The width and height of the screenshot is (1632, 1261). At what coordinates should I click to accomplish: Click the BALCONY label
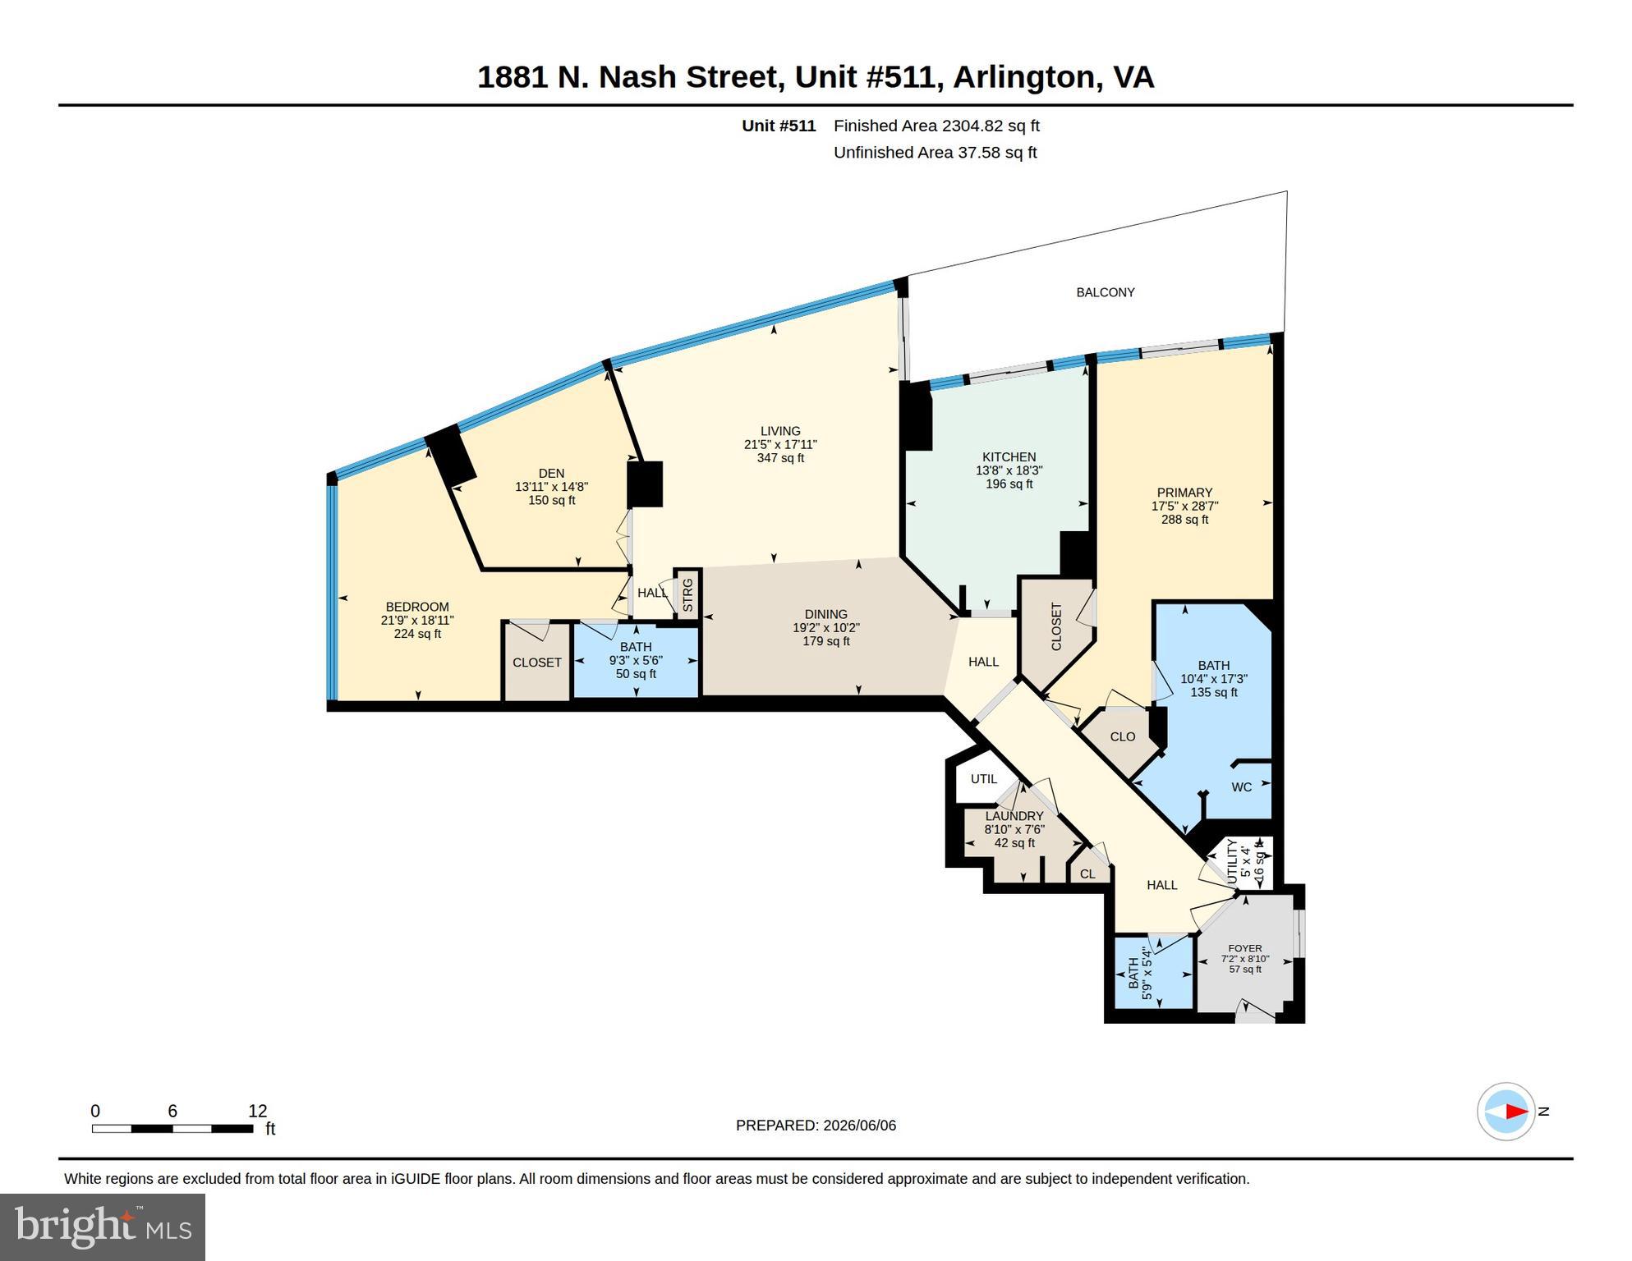click(1106, 292)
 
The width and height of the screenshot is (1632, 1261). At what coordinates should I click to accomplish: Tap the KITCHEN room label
click(1009, 457)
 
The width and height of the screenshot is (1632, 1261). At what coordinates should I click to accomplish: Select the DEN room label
click(551, 473)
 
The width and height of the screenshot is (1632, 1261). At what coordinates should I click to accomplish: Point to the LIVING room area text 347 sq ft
click(780, 458)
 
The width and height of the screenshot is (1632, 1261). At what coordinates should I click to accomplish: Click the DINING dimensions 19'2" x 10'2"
click(825, 628)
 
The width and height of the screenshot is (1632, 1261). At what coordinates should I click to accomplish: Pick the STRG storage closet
click(687, 594)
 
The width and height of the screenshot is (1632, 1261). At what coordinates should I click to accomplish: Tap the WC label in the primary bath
click(1241, 787)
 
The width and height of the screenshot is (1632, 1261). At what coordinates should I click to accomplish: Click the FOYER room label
click(1245, 948)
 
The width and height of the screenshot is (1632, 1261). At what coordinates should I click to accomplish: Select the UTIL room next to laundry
click(984, 779)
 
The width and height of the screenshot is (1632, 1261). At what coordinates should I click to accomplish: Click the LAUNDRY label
click(1014, 816)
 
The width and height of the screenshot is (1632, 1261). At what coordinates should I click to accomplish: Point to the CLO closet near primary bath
click(1123, 736)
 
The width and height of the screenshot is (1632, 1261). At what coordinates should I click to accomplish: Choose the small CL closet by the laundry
click(1087, 874)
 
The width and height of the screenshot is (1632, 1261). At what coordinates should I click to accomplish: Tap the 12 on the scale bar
click(258, 1111)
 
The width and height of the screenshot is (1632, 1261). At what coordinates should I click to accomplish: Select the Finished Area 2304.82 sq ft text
click(936, 126)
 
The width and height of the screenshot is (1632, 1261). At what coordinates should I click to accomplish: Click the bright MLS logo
click(103, 1227)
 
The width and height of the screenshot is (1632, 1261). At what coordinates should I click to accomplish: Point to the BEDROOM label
click(417, 608)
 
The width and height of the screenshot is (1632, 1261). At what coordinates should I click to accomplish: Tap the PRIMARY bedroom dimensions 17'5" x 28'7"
click(1184, 507)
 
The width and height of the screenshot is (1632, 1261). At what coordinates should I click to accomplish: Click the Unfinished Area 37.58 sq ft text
click(935, 153)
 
